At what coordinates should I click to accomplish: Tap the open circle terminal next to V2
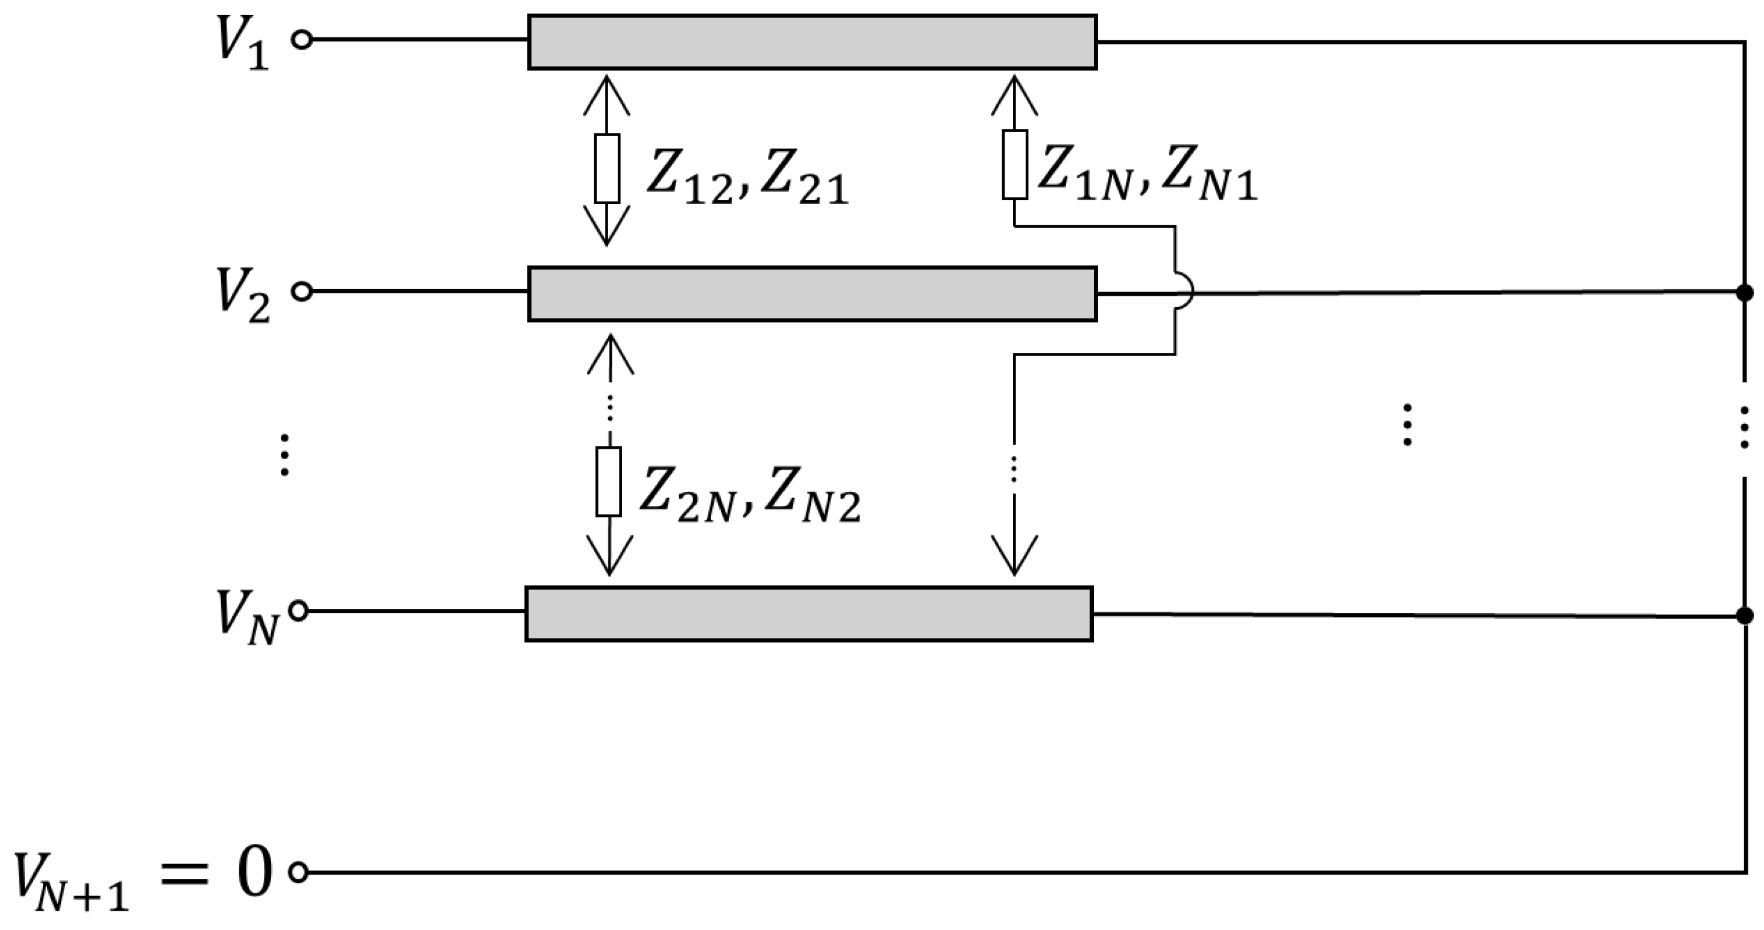pos(301,292)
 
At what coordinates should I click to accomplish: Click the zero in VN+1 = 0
pos(254,874)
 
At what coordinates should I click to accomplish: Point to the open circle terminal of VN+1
pos(298,873)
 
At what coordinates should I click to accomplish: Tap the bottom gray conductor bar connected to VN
pos(808,614)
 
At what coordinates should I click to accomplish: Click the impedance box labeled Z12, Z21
pos(607,168)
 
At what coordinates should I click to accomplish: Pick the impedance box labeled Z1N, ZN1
pos(1014,164)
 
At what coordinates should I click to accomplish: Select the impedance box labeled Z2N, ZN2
pos(608,481)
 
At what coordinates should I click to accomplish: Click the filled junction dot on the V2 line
pos(1744,293)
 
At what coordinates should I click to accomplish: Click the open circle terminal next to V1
pos(301,40)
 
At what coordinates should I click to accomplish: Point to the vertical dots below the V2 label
pos(285,454)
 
